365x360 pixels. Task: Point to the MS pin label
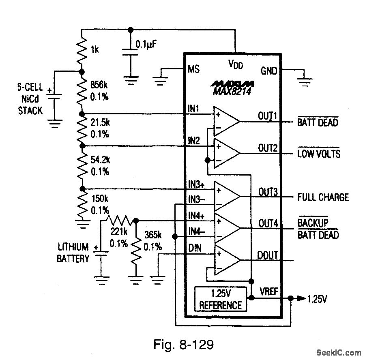[x=193, y=69]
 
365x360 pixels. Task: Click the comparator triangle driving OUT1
[x=225, y=121]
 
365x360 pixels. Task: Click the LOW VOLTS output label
[x=319, y=154]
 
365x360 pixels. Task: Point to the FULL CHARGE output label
[x=323, y=197]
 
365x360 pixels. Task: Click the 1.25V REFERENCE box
[x=220, y=299]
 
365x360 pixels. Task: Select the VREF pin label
[x=268, y=291]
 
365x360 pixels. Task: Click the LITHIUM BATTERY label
[x=73, y=253]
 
